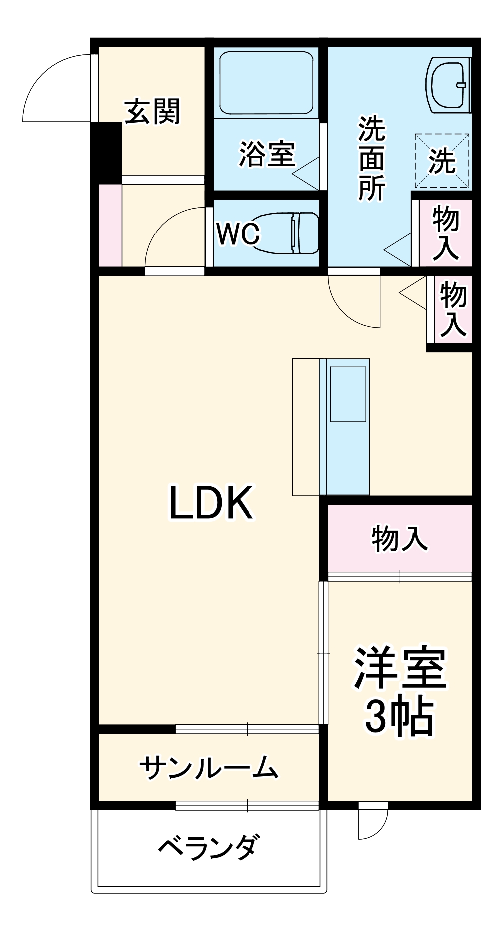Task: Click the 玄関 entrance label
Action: pyautogui.click(x=152, y=111)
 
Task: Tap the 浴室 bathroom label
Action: pyautogui.click(x=267, y=154)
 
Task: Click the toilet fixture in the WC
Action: pyautogui.click(x=289, y=233)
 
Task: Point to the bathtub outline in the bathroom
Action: pyautogui.click(x=266, y=83)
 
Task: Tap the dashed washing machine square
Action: pyautogui.click(x=442, y=161)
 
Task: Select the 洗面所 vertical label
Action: pyautogui.click(x=371, y=159)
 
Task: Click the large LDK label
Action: pyautogui.click(x=212, y=503)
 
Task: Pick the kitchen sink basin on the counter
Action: pyautogui.click(x=348, y=394)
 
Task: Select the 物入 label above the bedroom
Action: pyautogui.click(x=399, y=538)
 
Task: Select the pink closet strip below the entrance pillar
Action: pyautogui.click(x=110, y=225)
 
